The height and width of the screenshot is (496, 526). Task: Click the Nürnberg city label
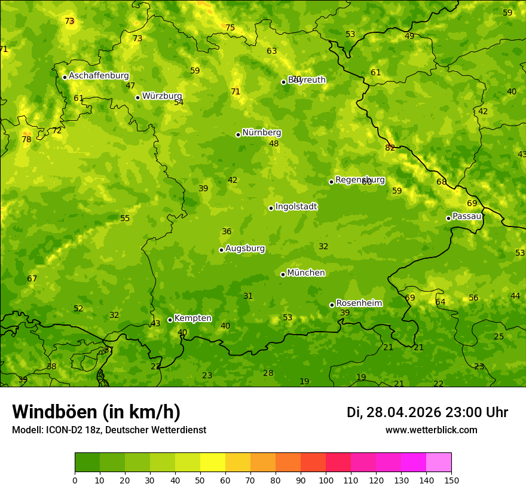point(261,133)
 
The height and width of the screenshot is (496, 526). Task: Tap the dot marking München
point(283,274)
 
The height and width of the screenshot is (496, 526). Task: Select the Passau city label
point(467,216)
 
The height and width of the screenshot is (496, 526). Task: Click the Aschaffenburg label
point(99,76)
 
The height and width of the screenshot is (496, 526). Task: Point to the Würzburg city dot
point(137,97)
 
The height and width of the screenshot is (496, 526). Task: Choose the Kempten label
point(192,319)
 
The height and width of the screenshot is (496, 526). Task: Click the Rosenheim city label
point(359,304)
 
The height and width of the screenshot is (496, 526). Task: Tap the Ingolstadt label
point(296,207)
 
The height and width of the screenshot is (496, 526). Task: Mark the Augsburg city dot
point(221,250)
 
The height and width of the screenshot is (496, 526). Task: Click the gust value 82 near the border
point(390,148)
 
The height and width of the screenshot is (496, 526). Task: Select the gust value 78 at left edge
point(26,139)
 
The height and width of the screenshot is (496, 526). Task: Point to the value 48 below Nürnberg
point(274,143)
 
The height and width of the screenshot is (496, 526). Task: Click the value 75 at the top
point(230,27)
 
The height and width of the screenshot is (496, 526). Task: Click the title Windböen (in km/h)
point(96,412)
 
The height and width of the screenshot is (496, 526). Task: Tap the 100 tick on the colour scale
point(326,480)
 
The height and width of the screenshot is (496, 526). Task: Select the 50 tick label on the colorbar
point(200,480)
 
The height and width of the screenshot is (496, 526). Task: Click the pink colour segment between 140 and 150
point(439,463)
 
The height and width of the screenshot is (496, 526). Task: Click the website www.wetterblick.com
point(431,430)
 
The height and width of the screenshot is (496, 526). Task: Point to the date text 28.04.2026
point(403,412)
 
